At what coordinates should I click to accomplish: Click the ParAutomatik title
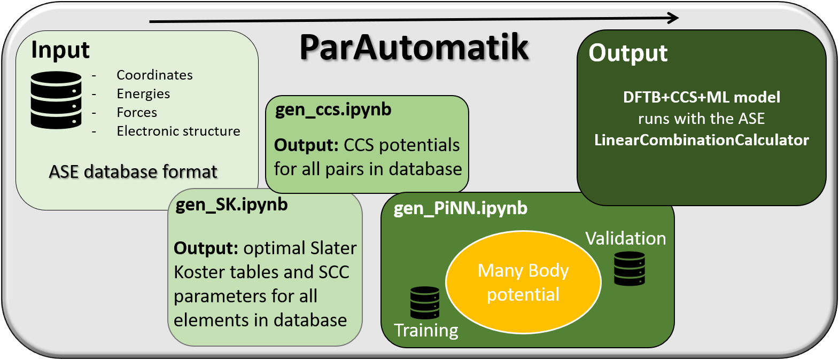tap(414, 47)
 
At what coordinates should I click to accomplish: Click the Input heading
tap(60, 50)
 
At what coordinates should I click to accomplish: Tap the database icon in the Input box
tap(56, 100)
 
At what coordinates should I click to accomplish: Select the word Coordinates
tap(154, 75)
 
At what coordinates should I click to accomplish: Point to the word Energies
tap(143, 93)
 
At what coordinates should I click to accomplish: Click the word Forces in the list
tap(137, 112)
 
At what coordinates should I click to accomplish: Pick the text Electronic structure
tap(178, 131)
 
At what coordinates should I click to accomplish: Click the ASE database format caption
tap(133, 171)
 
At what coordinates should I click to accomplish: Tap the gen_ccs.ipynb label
tap(333, 109)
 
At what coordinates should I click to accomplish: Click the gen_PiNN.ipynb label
tap(460, 208)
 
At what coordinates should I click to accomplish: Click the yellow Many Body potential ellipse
tap(523, 282)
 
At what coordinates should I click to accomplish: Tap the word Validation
tap(625, 238)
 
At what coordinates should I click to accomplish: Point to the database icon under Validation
tap(630, 269)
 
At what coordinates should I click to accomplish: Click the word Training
tap(426, 330)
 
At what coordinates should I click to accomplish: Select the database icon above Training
tap(425, 302)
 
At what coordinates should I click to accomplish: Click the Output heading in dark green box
tap(628, 53)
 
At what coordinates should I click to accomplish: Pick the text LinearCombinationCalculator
tap(701, 140)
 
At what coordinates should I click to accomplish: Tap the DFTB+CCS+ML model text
tap(701, 97)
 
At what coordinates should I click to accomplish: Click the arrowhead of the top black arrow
tap(673, 18)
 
